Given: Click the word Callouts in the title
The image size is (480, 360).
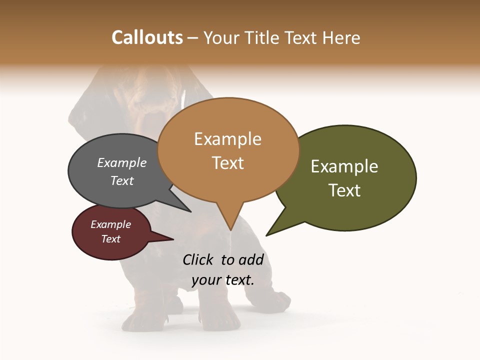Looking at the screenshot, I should click(147, 37).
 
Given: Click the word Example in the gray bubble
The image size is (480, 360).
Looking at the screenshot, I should click(122, 162).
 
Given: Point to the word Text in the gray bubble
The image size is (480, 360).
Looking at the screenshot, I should click(122, 180).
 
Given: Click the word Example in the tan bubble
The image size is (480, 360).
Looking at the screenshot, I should click(227, 139).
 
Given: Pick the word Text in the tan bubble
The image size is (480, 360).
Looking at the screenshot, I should click(228, 163).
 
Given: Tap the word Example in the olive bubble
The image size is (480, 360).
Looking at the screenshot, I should click(344, 166).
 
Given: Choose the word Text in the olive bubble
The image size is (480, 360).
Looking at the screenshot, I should click(344, 190).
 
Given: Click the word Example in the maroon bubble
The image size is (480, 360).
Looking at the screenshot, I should click(110, 224).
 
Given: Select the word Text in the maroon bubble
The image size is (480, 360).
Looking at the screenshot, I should click(110, 239).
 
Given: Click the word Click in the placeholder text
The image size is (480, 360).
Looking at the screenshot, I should click(197, 259).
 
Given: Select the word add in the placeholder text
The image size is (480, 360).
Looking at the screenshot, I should click(251, 259).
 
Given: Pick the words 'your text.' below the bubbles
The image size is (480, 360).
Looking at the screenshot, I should click(223, 280).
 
